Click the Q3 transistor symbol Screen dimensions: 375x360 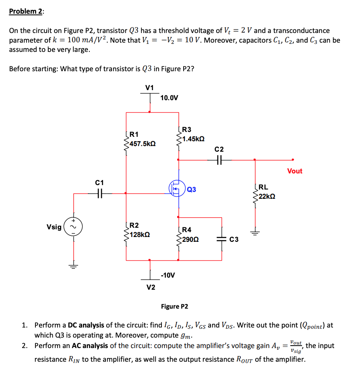176,189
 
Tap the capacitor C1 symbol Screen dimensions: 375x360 99,194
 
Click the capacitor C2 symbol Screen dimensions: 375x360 220,160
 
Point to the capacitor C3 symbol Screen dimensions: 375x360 222,239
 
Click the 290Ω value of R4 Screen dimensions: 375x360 190,239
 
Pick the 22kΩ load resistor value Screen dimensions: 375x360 267,196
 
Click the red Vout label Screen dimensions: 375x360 294,171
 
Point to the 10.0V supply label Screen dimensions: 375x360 169,98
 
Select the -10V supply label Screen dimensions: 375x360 168,275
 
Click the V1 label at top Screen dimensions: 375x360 149,87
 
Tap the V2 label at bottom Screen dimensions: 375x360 150,287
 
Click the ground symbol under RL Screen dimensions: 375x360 254,232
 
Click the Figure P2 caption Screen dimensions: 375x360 174,307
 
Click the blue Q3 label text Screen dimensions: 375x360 192,189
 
